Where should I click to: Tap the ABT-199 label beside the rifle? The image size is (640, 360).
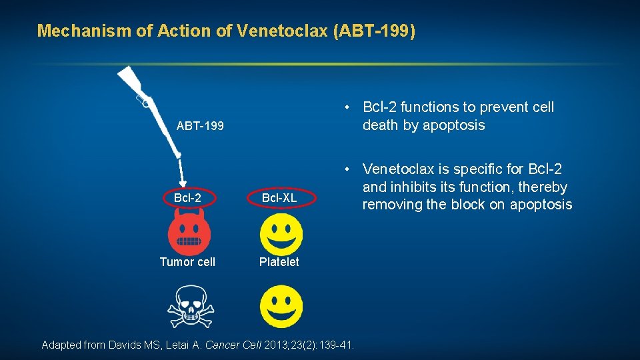pos(200,126)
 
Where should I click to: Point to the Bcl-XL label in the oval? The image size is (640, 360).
pos(279,198)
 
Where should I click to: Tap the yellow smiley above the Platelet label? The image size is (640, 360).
pos(281,233)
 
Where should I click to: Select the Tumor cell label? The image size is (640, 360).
pos(187,262)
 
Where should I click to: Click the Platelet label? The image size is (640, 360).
pos(279,262)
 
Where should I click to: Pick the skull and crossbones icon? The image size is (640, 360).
pos(189,306)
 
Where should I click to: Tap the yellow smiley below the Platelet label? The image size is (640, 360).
pos(281,306)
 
